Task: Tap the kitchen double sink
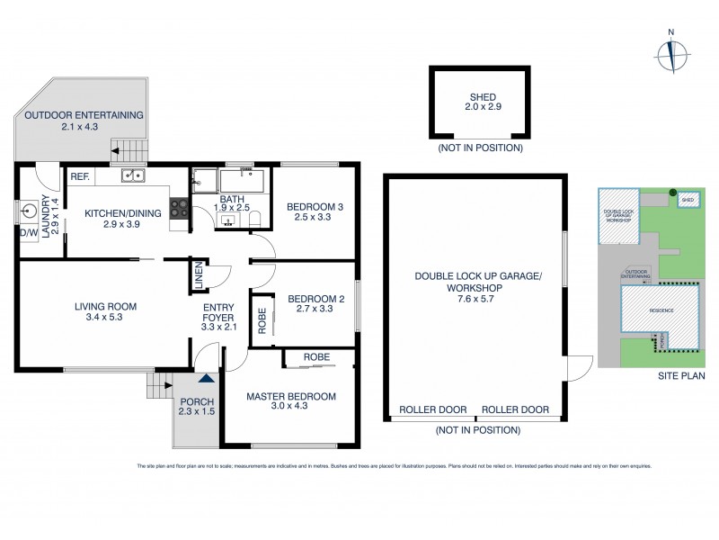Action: click(133, 177)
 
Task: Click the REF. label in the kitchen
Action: click(79, 177)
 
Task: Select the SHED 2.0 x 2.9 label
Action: click(482, 102)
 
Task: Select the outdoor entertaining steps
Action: click(135, 150)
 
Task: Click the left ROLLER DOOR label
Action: click(432, 409)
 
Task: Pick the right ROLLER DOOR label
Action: click(515, 409)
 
